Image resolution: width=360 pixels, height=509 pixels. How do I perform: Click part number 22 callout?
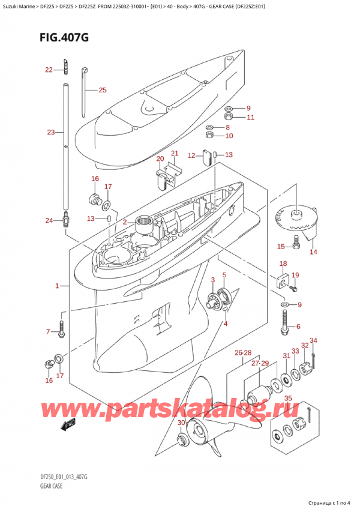49,70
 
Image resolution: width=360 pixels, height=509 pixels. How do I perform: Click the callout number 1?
58,286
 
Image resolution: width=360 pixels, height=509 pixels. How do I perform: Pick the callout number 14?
313,252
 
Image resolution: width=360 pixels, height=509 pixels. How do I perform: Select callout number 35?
288,397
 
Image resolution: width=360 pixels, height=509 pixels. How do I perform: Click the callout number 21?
175,154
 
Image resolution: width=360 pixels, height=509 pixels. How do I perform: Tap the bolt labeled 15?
295,244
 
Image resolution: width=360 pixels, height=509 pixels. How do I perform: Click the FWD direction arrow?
67,426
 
